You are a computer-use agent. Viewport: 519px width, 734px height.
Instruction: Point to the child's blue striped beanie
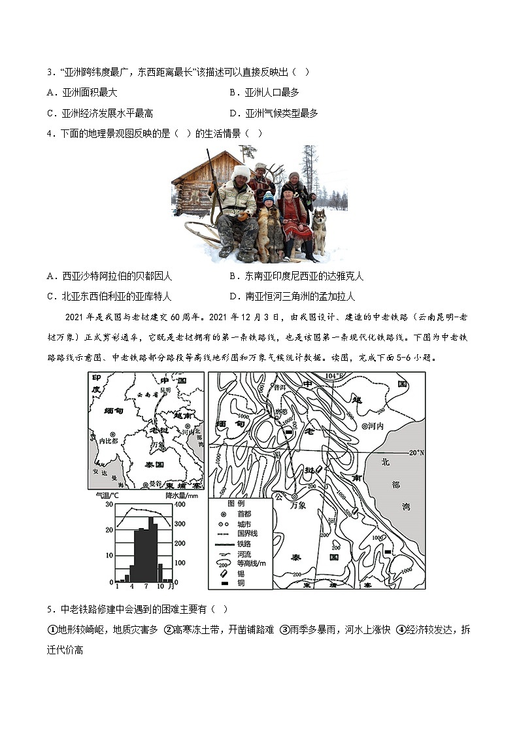click(268, 196)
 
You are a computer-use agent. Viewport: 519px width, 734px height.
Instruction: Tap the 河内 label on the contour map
click(374, 425)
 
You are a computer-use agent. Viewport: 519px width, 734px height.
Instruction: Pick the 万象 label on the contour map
click(298, 505)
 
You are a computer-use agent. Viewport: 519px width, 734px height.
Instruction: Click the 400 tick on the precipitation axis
click(180, 505)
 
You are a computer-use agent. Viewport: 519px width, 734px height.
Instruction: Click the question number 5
click(50, 609)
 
